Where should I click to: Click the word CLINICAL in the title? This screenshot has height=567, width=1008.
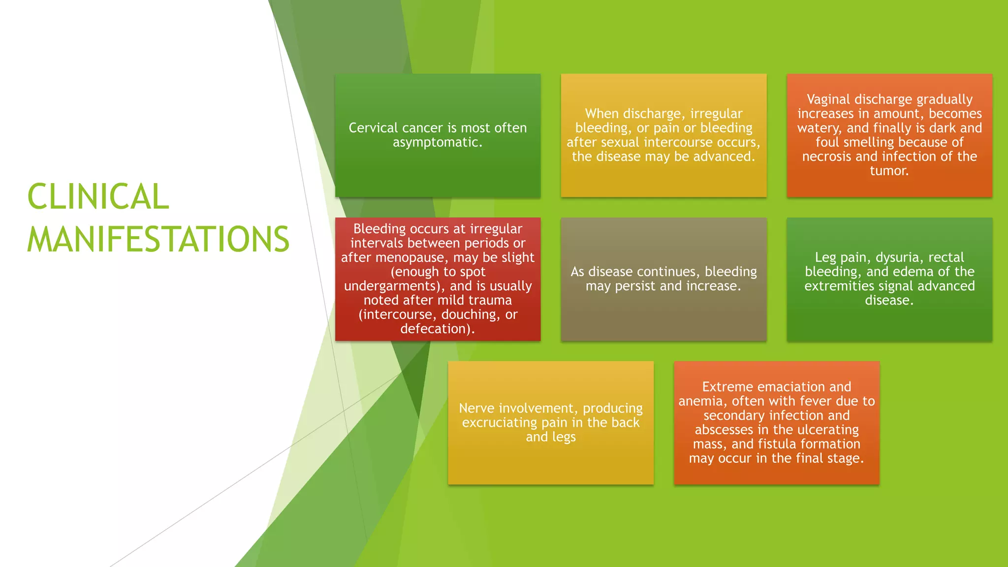98,196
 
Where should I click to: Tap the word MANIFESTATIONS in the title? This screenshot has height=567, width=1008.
158,239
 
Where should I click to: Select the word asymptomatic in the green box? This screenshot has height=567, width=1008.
436,142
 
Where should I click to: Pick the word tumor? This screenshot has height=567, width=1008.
888,171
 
